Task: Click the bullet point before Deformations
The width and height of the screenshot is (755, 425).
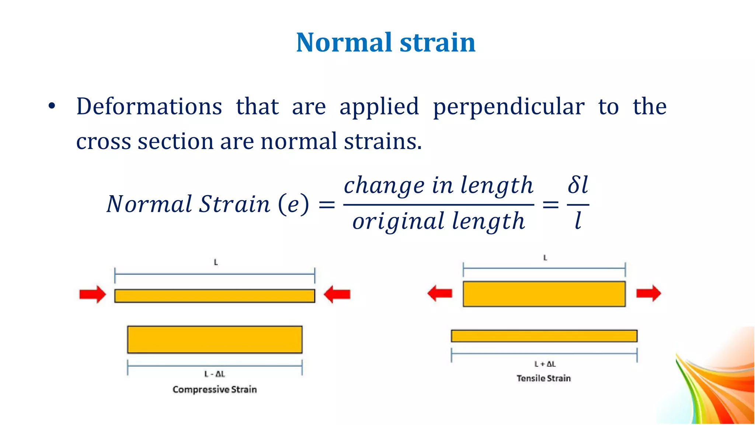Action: [x=52, y=106]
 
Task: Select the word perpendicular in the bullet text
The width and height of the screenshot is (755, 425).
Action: [x=508, y=107]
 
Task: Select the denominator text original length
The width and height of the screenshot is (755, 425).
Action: [x=438, y=221]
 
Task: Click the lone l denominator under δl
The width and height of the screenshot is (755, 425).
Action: [x=578, y=221]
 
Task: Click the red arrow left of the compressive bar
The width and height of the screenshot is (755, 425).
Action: [x=93, y=294]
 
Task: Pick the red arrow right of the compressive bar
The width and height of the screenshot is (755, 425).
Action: [x=337, y=294]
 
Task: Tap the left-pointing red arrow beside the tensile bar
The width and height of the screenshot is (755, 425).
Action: [x=439, y=293]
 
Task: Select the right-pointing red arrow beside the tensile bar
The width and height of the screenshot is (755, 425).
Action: [x=649, y=293]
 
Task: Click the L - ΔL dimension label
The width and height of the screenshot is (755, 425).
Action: [x=215, y=374]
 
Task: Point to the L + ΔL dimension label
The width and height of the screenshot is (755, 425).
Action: [x=545, y=364]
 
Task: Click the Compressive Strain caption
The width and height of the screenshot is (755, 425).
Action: [x=215, y=390]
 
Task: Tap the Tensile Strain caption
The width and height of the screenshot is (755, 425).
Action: [x=544, y=379]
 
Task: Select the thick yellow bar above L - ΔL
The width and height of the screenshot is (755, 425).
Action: [x=215, y=339]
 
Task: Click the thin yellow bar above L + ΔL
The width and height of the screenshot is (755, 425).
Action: [x=544, y=336]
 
